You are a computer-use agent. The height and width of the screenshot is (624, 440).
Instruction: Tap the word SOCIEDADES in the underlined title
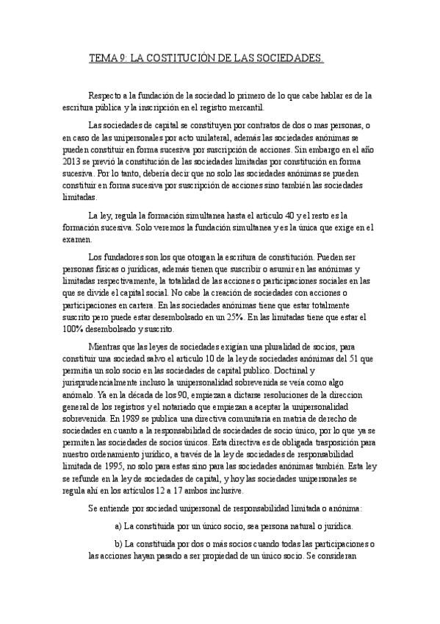[x=289, y=57]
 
